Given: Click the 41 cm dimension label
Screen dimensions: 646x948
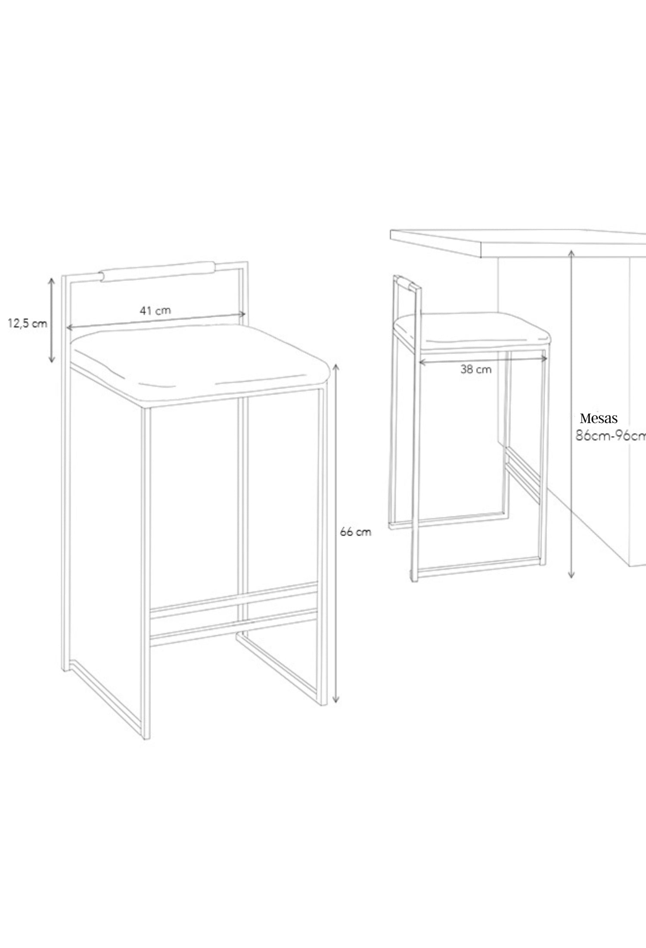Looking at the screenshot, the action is pos(155,310).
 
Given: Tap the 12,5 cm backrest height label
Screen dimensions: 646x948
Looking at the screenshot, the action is pos(28,324).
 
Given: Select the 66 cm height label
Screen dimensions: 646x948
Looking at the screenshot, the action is pos(355,532).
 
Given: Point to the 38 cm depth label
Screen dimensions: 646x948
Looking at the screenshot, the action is pos(476,369).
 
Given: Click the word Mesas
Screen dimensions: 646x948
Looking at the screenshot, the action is pos(599,418).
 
